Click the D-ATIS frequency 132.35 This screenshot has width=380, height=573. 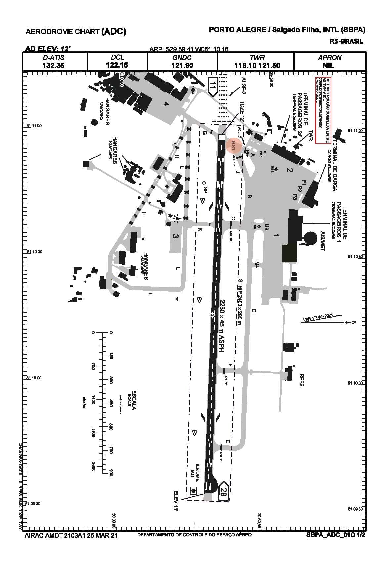tap(53, 65)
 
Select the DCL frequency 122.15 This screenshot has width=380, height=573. tap(117, 65)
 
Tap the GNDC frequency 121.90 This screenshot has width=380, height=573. tap(182, 65)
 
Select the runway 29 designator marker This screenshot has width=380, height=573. tap(223, 492)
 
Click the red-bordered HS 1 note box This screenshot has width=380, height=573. tap(322, 110)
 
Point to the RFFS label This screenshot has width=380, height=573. tap(301, 380)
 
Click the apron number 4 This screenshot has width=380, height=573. tap(166, 104)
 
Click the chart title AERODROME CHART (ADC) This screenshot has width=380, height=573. tap(76, 32)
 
